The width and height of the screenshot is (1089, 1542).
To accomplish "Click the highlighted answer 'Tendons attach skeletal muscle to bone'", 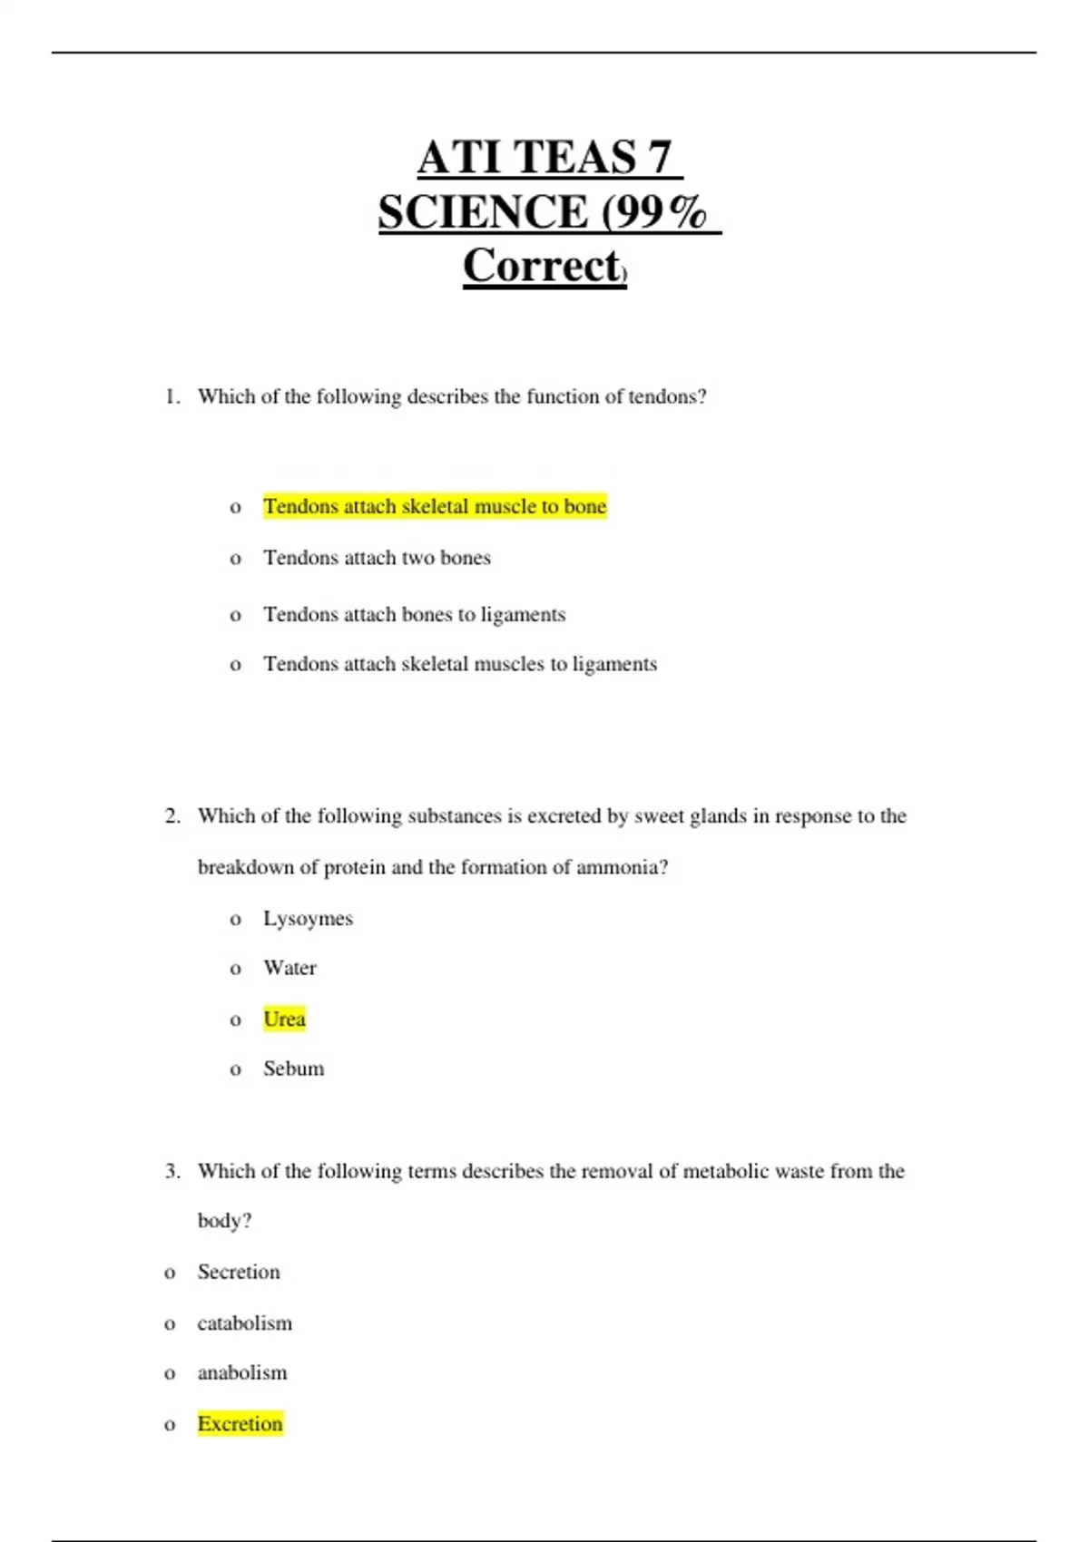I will (x=435, y=506).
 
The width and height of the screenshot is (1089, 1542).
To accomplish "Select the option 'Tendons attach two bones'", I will (x=377, y=558).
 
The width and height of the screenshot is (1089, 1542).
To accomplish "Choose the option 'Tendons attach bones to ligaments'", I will (x=414, y=615).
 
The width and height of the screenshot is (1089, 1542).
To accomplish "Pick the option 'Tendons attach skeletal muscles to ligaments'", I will (x=460, y=664).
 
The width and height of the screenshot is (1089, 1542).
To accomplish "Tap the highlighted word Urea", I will (x=284, y=1020).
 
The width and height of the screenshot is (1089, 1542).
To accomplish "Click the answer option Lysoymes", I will (x=308, y=919).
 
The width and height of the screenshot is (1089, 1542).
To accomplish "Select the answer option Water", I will (x=289, y=969).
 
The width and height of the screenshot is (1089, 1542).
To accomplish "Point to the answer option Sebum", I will (x=293, y=1069).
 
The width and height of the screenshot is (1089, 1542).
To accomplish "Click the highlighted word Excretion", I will (x=240, y=1424).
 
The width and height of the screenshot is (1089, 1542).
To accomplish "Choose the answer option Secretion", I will (x=239, y=1273).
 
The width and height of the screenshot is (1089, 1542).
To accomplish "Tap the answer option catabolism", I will (x=245, y=1323).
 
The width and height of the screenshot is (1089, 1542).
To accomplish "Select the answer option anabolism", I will (x=242, y=1373).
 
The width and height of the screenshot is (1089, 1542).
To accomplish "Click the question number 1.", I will (x=172, y=397).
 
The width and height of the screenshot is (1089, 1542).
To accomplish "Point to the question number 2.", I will (x=172, y=816).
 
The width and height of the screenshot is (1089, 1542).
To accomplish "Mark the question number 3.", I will (x=172, y=1172).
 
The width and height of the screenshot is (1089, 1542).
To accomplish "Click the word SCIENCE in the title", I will (x=483, y=212).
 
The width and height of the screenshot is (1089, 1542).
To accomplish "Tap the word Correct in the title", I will (x=542, y=267).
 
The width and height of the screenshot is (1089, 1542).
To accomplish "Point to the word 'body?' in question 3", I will (x=224, y=1221).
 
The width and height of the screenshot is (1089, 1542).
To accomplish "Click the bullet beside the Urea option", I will (x=236, y=1020).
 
